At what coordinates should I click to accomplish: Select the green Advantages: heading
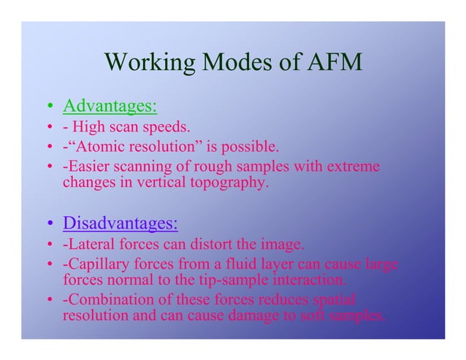click(x=110, y=107)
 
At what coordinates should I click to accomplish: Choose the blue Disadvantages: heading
click(x=121, y=221)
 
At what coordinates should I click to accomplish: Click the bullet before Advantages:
click(x=50, y=109)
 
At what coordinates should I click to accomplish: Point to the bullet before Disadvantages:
click(x=50, y=223)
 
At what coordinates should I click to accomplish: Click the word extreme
click(x=354, y=167)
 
